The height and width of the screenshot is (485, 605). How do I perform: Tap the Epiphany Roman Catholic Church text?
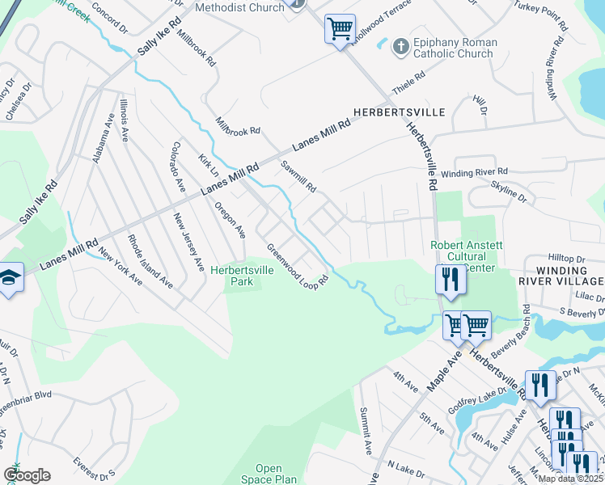tap(453, 48)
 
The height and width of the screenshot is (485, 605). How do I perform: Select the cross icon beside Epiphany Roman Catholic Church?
tap(398, 47)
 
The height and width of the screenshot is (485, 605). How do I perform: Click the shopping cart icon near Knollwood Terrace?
tap(340, 29)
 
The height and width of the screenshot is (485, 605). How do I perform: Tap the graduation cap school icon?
tap(11, 278)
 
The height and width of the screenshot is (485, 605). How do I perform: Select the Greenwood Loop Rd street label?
tap(297, 267)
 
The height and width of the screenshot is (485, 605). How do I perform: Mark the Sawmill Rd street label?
tap(298, 177)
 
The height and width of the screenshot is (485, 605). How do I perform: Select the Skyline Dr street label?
tap(509, 192)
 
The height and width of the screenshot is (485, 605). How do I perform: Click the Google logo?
tap(26, 475)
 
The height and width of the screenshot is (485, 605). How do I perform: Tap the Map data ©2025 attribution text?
tap(570, 479)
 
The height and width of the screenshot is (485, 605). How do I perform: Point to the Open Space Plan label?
tap(269, 474)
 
